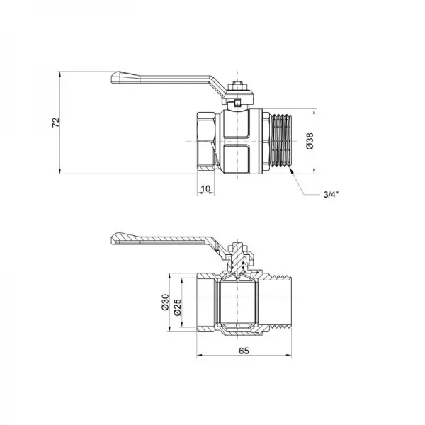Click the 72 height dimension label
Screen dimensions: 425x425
tap(55, 121)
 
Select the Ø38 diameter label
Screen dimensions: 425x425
tap(310, 141)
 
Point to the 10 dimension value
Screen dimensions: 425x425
tap(205, 188)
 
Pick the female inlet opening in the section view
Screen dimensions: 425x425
tap(201, 305)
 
